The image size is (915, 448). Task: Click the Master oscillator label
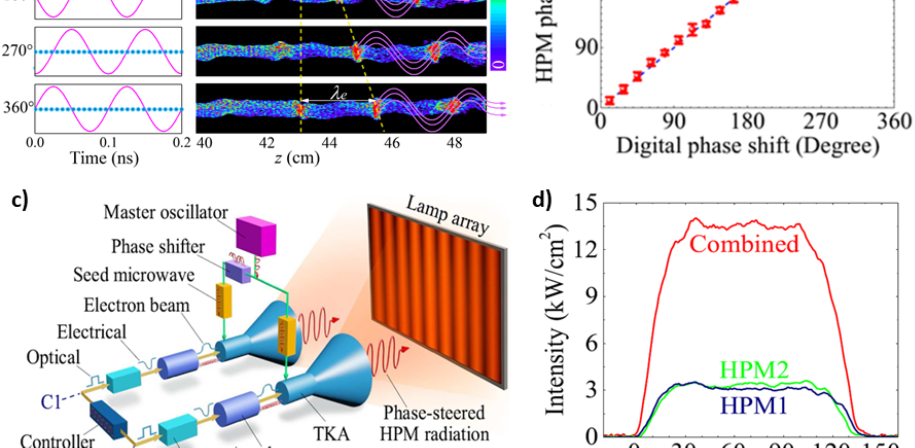[x=166, y=213]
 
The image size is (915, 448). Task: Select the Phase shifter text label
[x=158, y=246]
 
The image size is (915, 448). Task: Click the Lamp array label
[x=447, y=216]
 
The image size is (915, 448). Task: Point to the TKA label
[x=331, y=434]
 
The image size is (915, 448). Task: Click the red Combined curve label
[x=744, y=244]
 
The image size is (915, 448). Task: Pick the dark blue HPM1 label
[x=753, y=406]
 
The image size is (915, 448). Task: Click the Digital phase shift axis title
[x=748, y=146]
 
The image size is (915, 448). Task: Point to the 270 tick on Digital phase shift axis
[x=821, y=122]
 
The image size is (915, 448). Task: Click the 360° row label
[x=18, y=107]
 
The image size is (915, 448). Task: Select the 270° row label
[x=14, y=51]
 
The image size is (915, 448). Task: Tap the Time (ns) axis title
[x=104, y=158]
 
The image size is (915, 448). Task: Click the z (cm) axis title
[x=297, y=158]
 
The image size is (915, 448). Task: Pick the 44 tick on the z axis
[x=329, y=143]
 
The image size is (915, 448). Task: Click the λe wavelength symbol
[x=338, y=94]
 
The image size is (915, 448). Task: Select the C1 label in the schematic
[x=50, y=402]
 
